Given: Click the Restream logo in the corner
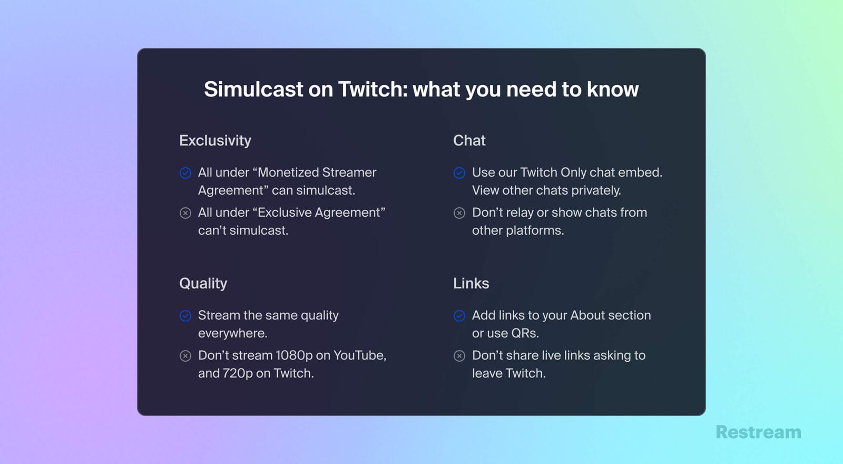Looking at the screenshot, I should pyautogui.click(x=758, y=432).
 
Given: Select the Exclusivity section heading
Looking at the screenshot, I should pyautogui.click(x=215, y=141).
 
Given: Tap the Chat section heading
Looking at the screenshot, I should pyautogui.click(x=469, y=141).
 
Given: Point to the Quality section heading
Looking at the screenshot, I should pyautogui.click(x=203, y=284).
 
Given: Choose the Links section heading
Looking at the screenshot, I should pyautogui.click(x=471, y=284).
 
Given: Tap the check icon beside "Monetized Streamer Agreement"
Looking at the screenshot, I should pyautogui.click(x=185, y=173).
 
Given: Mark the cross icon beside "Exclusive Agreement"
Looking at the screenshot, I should pyautogui.click(x=185, y=213).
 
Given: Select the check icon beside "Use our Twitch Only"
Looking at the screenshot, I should pyautogui.click(x=459, y=173).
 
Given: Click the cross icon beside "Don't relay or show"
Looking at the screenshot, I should pyautogui.click(x=459, y=213).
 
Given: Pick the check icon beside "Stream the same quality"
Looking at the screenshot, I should pyautogui.click(x=185, y=316).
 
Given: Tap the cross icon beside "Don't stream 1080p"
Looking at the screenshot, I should pyautogui.click(x=185, y=356).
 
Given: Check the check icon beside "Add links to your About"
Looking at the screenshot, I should pyautogui.click(x=459, y=316).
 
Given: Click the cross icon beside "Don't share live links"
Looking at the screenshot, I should pyautogui.click(x=459, y=356).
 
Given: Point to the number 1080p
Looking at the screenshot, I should pyautogui.click(x=294, y=356).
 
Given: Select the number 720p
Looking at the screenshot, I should pyautogui.click(x=238, y=374).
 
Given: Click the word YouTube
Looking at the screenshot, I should pyautogui.click(x=359, y=356).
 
